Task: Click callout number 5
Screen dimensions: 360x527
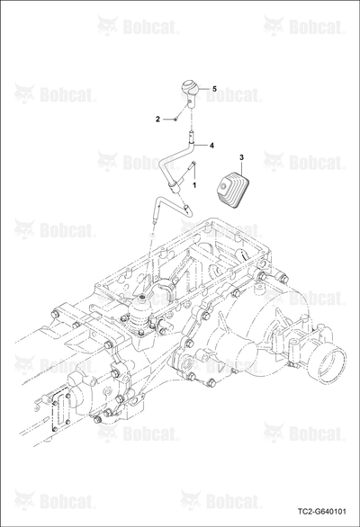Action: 214,89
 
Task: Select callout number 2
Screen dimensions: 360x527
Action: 157,119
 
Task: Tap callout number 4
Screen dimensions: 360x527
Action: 211,145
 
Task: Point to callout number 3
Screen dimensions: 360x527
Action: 241,157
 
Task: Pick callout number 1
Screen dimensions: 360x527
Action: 194,185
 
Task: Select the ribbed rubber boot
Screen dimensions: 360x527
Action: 234,187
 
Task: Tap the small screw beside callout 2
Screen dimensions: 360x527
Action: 176,119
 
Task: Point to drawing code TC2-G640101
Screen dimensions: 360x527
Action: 321,512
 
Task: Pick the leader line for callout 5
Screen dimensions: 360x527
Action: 205,89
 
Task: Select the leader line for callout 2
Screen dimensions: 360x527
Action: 168,119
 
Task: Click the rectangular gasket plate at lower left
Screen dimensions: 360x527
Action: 60,412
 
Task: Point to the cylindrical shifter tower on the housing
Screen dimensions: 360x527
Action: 139,314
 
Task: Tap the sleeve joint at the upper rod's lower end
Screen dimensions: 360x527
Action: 175,186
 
